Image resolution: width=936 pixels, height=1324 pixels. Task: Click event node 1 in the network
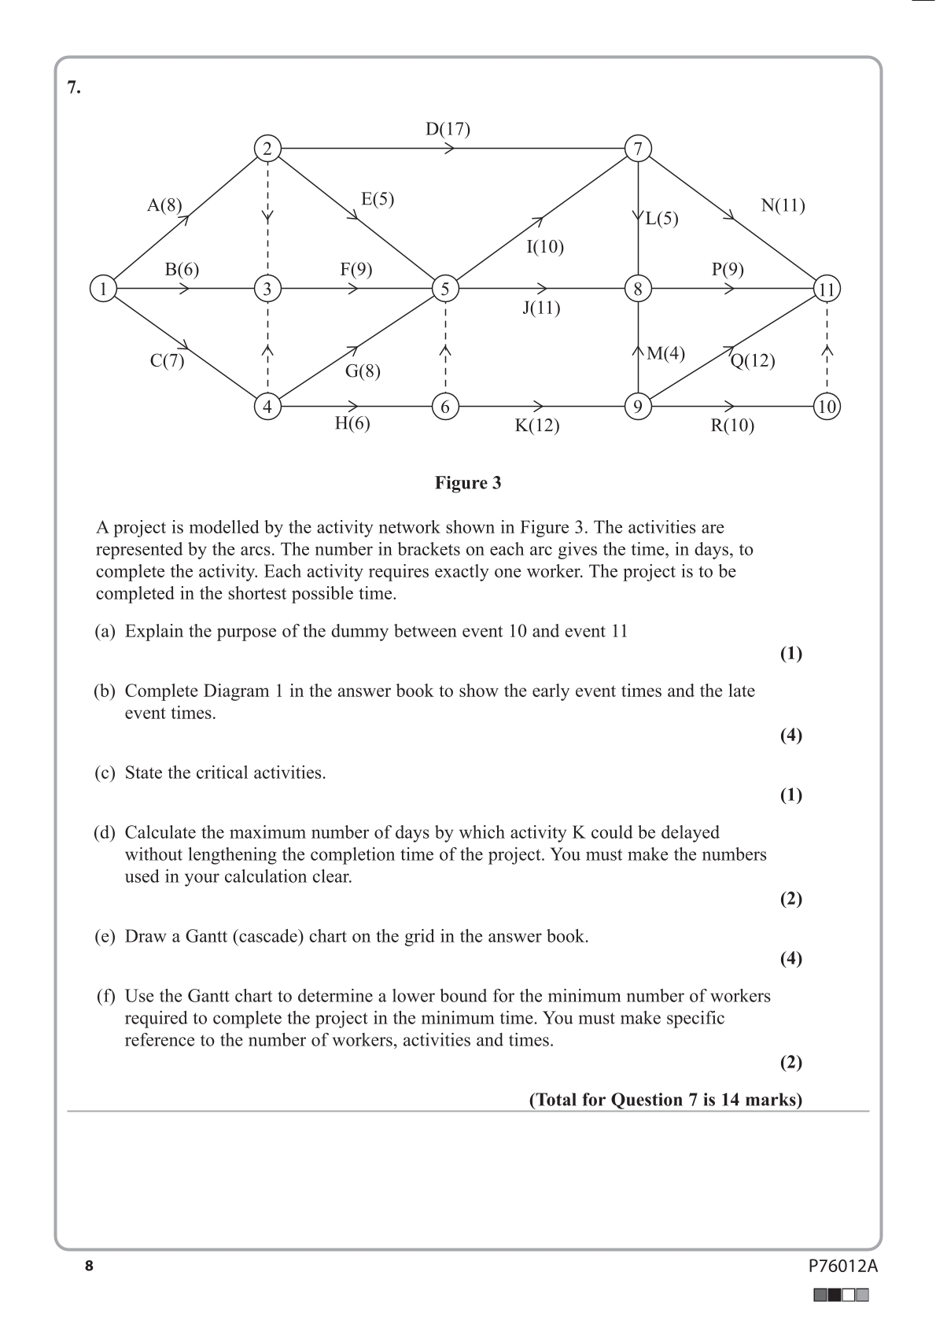click(x=102, y=289)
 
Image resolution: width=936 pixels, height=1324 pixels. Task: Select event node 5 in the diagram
click(x=445, y=289)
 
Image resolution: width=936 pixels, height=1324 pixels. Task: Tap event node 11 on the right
click(x=827, y=289)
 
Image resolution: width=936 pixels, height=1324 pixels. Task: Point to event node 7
click(x=638, y=148)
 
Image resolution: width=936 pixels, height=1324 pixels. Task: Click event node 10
click(x=827, y=407)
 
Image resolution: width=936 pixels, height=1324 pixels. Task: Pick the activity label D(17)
click(x=448, y=129)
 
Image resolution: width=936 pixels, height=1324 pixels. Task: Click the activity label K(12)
click(x=537, y=426)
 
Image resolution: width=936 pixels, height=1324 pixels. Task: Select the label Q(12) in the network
click(x=753, y=361)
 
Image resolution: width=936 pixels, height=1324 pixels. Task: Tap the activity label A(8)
click(x=164, y=206)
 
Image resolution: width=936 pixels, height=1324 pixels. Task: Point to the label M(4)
click(x=665, y=354)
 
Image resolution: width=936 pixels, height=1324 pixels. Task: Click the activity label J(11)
click(x=541, y=308)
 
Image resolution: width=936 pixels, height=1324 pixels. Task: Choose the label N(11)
click(x=783, y=206)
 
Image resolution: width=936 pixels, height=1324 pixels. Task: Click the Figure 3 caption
click(x=468, y=483)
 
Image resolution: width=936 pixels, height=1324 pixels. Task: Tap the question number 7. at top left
click(x=74, y=87)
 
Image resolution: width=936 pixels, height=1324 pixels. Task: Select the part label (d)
click(x=105, y=832)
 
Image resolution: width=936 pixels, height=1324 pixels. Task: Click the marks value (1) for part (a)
click(x=790, y=654)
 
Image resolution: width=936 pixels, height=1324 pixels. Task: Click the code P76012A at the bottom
click(x=842, y=1267)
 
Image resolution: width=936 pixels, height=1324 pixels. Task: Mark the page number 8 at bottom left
click(x=89, y=1266)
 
